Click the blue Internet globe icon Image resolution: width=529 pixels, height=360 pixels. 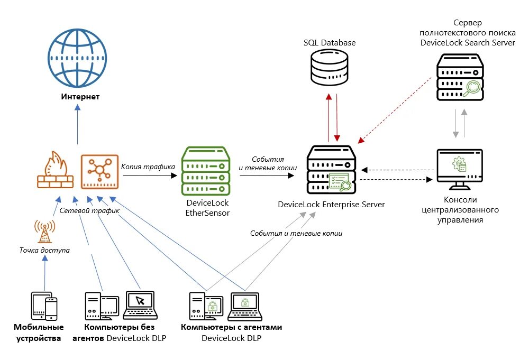(77, 58)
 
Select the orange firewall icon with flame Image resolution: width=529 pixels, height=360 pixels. (56, 170)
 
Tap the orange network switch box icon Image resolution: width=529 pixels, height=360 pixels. (99, 171)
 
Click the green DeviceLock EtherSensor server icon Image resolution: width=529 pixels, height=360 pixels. (205, 171)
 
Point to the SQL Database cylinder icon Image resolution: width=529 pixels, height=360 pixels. (329, 68)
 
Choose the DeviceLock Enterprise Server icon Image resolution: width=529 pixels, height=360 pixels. (331, 170)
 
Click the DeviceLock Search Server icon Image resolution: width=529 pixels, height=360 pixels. (460, 77)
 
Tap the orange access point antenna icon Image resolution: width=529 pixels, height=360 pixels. (44, 231)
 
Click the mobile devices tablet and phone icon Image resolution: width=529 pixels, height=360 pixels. (44, 306)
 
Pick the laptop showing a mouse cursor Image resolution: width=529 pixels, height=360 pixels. (140, 306)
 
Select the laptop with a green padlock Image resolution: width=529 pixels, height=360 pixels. (245, 307)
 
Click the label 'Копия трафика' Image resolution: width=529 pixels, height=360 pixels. (148, 167)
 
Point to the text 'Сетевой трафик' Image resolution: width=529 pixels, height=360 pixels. (89, 211)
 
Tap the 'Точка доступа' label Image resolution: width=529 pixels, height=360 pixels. (44, 250)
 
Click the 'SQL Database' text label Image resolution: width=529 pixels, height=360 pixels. (330, 43)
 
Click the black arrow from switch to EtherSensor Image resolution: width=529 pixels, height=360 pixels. (150, 176)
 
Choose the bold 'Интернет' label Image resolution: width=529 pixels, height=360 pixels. (80, 97)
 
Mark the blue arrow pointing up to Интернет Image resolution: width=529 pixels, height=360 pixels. (78, 124)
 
